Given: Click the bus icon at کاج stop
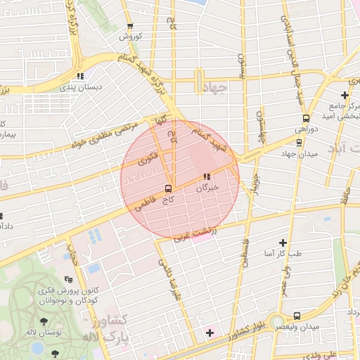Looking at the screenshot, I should pos(167,188).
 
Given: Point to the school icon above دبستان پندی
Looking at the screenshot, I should pos(81,76).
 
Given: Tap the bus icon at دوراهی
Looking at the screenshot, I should pos(306,118).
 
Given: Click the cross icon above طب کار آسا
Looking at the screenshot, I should pos(283,241).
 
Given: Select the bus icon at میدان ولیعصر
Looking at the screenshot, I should pos(297,316).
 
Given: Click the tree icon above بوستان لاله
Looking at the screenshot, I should pos(44,320).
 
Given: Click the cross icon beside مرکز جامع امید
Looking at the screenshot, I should pos(345,95).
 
